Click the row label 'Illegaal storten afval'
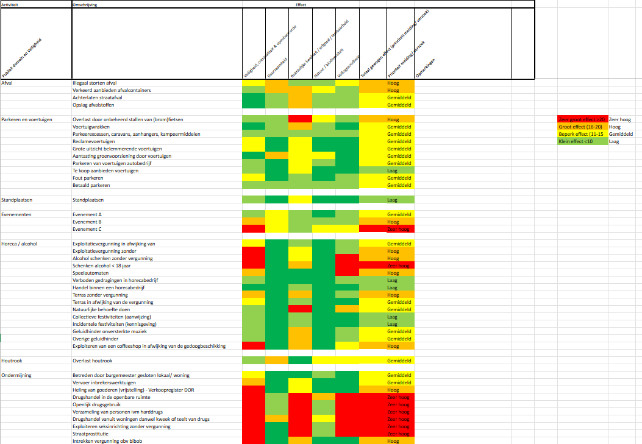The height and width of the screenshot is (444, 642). coord(95,83)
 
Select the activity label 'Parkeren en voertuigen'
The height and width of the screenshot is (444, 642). coord(27,119)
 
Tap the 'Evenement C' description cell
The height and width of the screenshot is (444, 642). coord(87,229)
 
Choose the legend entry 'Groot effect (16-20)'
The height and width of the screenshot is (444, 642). coord(580,127)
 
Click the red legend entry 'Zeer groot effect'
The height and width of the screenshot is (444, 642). coord(582,119)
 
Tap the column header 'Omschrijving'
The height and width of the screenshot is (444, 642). coord(85,4)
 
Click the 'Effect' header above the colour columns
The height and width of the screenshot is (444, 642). coord(301,4)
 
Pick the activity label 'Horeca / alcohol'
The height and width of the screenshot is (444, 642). coord(20,244)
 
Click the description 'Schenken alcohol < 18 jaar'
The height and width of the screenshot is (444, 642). coord(104,266)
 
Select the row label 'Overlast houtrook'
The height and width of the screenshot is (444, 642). coord(93,361)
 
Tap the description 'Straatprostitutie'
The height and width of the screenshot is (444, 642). coord(90,434)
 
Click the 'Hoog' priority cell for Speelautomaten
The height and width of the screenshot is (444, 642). coord(393,273)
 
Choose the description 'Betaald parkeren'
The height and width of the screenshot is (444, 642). coord(91,185)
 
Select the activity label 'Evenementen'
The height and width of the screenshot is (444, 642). coord(16,214)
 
